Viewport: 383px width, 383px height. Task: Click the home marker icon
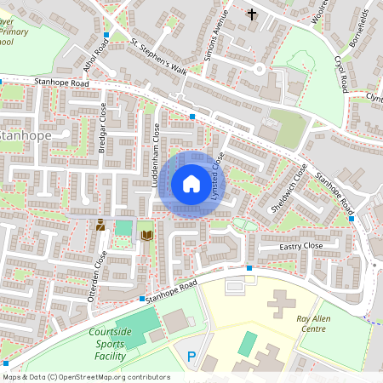pyautogui.click(x=191, y=184)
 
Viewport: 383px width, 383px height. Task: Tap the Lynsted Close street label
pyautogui.click(x=216, y=176)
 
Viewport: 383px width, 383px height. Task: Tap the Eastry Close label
pyautogui.click(x=301, y=246)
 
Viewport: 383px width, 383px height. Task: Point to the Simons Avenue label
pyautogui.click(x=216, y=35)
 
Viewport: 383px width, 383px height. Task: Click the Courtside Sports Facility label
pyautogui.click(x=112, y=344)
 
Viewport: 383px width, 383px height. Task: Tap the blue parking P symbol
pyautogui.click(x=191, y=357)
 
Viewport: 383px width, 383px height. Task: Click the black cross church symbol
pyautogui.click(x=251, y=14)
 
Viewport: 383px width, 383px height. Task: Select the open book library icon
pyautogui.click(x=146, y=233)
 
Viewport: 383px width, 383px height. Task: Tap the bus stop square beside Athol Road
pyautogui.click(x=106, y=35)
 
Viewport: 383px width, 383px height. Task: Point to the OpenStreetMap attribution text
pyautogui.click(x=85, y=376)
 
